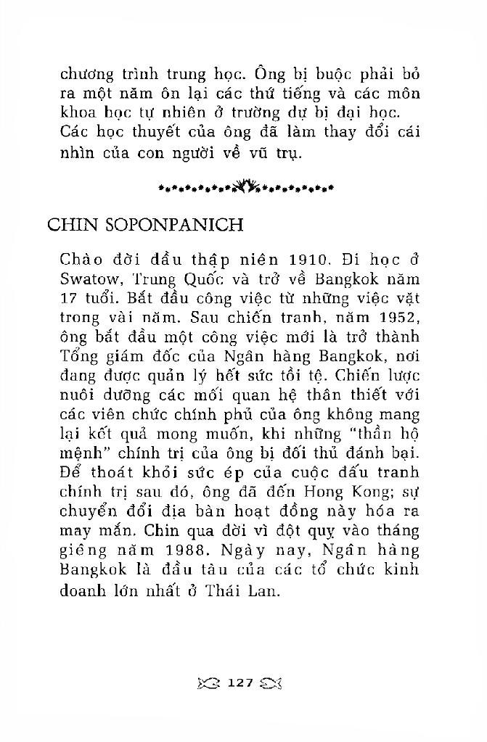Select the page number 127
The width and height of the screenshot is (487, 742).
(239, 683)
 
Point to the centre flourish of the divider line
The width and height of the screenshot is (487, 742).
(246, 190)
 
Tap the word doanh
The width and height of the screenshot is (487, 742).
(83, 590)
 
